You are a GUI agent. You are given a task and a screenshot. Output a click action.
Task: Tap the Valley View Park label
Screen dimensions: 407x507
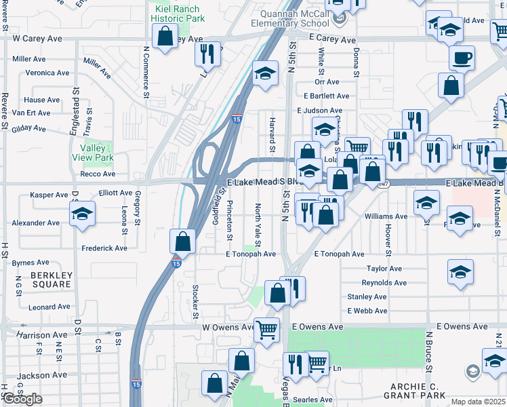(96, 153)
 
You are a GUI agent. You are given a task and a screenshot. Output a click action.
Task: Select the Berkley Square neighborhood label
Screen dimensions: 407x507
(51, 279)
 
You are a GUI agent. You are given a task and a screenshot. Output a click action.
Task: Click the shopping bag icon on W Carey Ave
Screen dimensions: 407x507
(164, 35)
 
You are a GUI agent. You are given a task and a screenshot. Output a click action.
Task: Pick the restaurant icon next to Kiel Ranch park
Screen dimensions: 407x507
(207, 54)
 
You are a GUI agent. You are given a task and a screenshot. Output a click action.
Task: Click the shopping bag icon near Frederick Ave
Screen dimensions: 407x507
(182, 240)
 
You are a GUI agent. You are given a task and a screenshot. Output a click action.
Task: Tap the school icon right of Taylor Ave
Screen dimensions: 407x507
(460, 271)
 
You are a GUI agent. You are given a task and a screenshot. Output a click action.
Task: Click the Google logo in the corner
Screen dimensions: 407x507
(22, 399)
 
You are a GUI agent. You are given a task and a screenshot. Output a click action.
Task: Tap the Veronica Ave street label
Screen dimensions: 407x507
(47, 73)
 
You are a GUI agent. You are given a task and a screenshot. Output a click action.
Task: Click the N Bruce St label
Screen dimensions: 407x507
(429, 351)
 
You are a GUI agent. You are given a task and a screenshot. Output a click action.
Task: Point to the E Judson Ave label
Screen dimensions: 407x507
(319, 111)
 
